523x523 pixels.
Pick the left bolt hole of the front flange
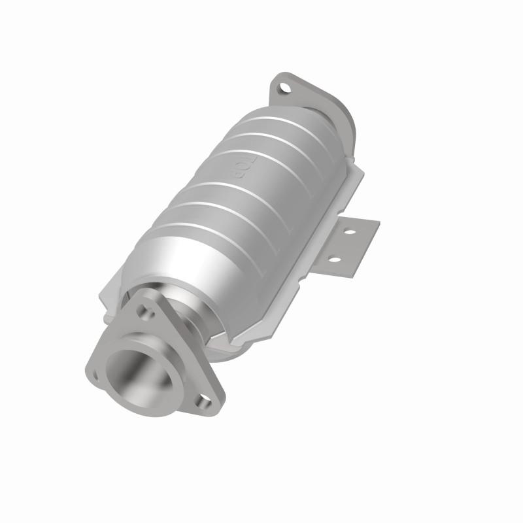pyautogui.click(x=96, y=375)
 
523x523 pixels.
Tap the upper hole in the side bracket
pyautogui.click(x=350, y=231)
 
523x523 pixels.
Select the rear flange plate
pyautogui.click(x=307, y=98)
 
